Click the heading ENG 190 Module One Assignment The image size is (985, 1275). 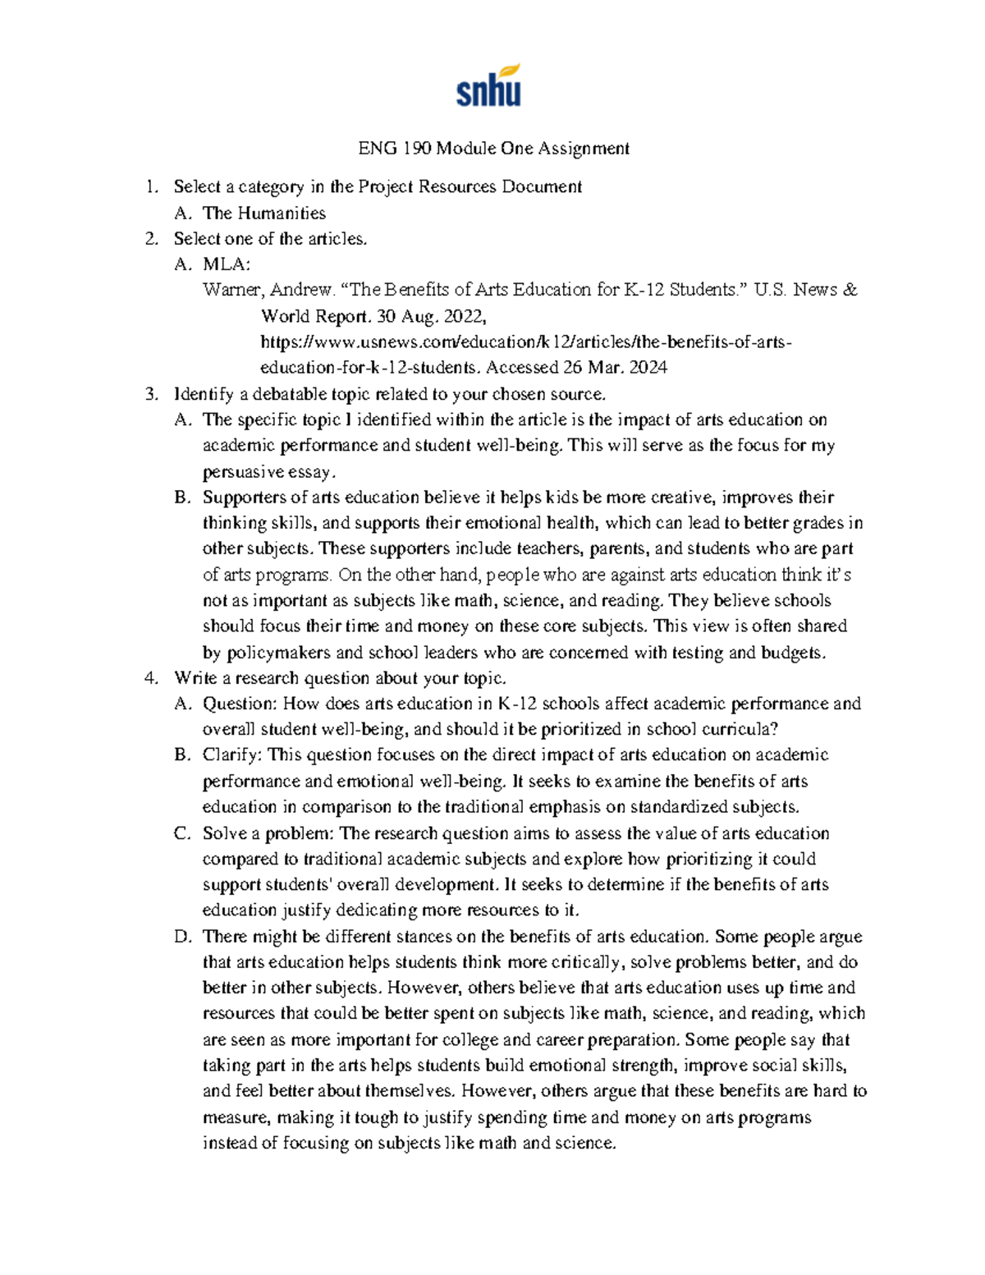[x=493, y=149]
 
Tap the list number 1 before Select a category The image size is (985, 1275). [x=150, y=187]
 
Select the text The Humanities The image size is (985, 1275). [x=263, y=213]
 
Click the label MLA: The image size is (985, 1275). [x=227, y=264]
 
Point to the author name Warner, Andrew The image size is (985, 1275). [x=268, y=290]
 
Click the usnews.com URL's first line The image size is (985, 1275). [x=526, y=342]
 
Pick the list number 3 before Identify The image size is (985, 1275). [x=150, y=394]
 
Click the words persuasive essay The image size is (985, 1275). [x=268, y=472]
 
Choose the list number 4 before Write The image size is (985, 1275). [x=150, y=678]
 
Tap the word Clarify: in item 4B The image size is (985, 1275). [x=232, y=755]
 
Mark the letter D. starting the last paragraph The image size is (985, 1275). [x=182, y=937]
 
